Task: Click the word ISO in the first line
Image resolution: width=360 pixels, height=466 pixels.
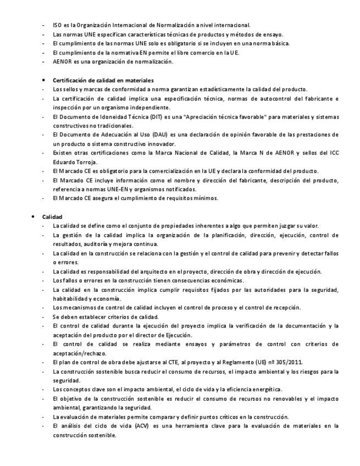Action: point(57,25)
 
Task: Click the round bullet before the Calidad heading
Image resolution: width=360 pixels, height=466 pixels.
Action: point(34,217)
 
